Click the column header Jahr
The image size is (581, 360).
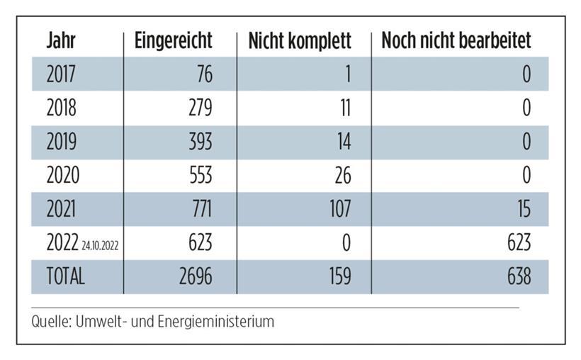point(61,41)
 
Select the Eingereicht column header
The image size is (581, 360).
point(173,41)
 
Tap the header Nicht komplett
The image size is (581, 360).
point(300,41)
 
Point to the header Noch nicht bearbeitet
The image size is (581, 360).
point(456,41)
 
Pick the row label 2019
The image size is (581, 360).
point(62,142)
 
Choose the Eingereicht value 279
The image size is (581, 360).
point(196,108)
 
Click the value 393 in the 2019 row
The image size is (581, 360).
point(196,142)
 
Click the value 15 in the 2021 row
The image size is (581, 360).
point(522,209)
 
